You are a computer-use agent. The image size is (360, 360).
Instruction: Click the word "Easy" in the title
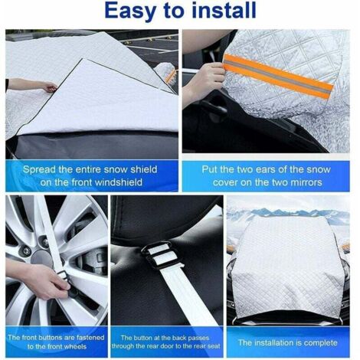(129, 11)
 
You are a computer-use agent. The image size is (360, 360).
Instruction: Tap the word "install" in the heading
(224, 10)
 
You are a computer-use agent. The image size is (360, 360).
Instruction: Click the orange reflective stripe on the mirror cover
(278, 76)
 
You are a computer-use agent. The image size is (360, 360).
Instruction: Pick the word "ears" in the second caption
(264, 169)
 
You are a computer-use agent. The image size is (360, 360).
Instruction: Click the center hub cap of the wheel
(41, 259)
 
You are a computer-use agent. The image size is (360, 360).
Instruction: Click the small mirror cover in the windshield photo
(166, 72)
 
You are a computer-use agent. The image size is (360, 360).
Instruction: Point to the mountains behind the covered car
(289, 213)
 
